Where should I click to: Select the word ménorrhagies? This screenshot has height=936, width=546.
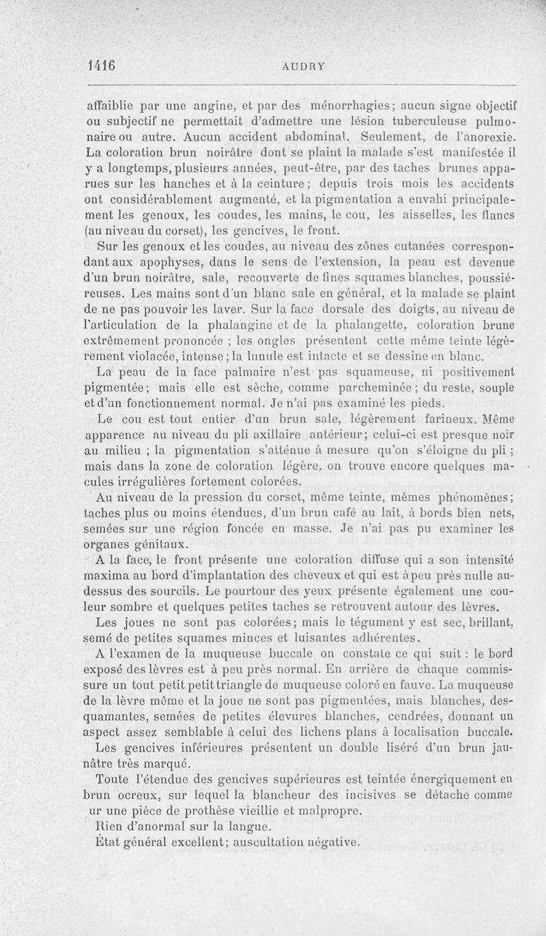(x=349, y=106)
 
